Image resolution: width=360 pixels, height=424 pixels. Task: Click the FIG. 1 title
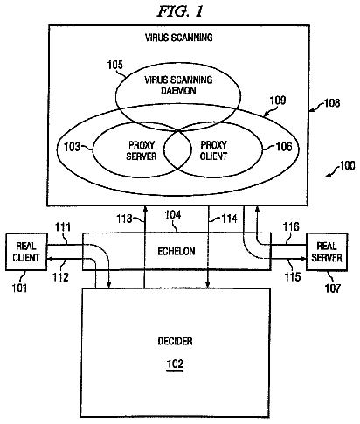point(180,11)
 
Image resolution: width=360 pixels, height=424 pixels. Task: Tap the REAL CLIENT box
point(26,252)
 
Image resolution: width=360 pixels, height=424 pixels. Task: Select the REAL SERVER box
point(327,252)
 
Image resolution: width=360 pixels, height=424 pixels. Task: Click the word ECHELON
point(177,251)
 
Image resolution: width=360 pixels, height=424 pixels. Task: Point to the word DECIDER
point(175,341)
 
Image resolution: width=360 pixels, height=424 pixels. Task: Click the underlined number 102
point(175,364)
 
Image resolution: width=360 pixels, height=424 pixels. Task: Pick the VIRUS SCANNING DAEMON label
point(178,85)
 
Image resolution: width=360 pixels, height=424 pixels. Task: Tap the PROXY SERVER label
point(142,150)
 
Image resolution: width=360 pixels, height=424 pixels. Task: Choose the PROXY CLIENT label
point(213,150)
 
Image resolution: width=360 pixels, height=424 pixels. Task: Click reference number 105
point(115,65)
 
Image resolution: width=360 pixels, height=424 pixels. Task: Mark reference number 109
point(278,101)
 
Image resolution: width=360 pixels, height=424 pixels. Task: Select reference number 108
point(332,103)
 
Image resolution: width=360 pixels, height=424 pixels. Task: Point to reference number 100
point(347,165)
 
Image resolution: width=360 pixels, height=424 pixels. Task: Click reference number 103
point(72,147)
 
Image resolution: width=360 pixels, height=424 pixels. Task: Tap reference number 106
point(284,147)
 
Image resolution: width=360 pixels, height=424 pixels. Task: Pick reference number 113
point(124,219)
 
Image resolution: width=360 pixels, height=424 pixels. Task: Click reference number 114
point(229,219)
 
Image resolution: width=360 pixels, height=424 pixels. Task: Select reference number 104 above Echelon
point(173,215)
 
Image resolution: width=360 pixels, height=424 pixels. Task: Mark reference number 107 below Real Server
point(333,288)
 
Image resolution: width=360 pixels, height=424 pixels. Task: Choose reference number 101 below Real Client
point(19,288)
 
